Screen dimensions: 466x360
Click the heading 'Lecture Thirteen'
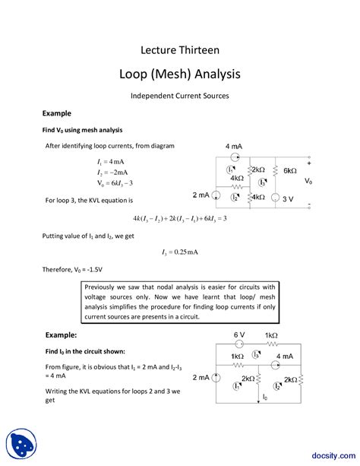click(x=180, y=50)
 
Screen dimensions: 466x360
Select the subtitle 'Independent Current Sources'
click(x=180, y=96)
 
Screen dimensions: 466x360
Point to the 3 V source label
click(x=288, y=198)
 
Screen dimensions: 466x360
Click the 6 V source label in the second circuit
click(x=239, y=334)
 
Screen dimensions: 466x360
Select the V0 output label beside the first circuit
click(x=309, y=182)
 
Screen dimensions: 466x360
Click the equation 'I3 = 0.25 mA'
click(x=180, y=252)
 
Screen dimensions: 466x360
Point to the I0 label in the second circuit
click(x=264, y=396)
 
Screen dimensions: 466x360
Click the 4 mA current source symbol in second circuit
click(x=261, y=357)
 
